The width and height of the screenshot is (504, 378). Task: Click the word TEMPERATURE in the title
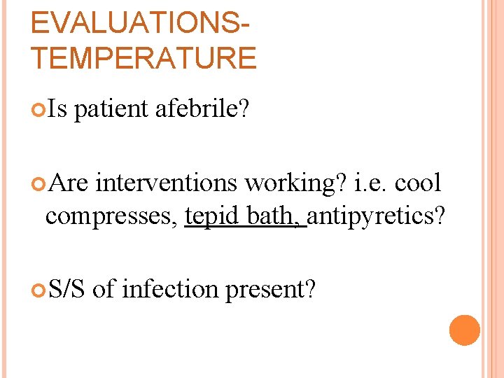coord(143,57)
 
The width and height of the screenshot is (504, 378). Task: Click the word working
coord(295,183)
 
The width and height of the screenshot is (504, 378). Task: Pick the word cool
coord(419,183)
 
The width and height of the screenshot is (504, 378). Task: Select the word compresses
coord(111,216)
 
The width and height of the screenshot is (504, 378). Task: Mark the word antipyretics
coord(375,216)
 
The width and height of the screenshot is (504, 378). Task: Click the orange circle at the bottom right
coord(464,330)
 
